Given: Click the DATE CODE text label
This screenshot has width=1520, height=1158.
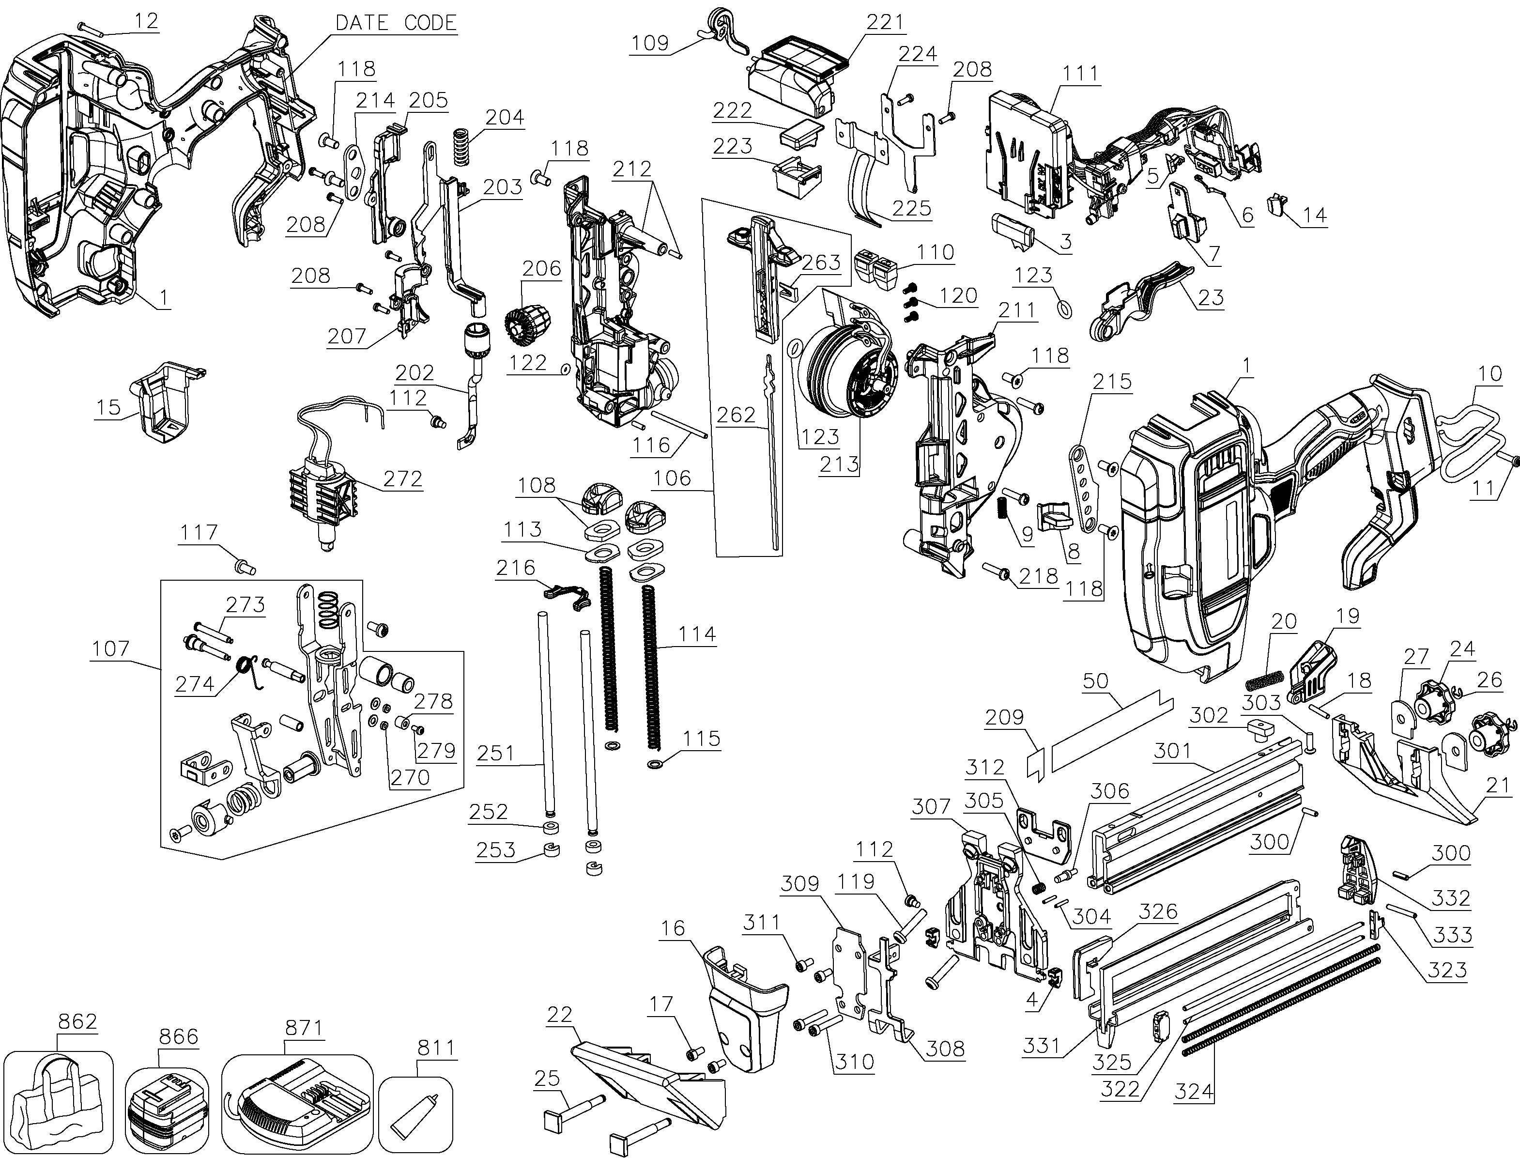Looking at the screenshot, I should coord(396,23).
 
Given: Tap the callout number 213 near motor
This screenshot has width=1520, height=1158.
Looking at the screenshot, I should coord(839,464).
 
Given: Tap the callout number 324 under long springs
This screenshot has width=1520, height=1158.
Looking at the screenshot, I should coord(1194,1091).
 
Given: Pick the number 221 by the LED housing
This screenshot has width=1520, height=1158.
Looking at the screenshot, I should coord(885,22).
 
